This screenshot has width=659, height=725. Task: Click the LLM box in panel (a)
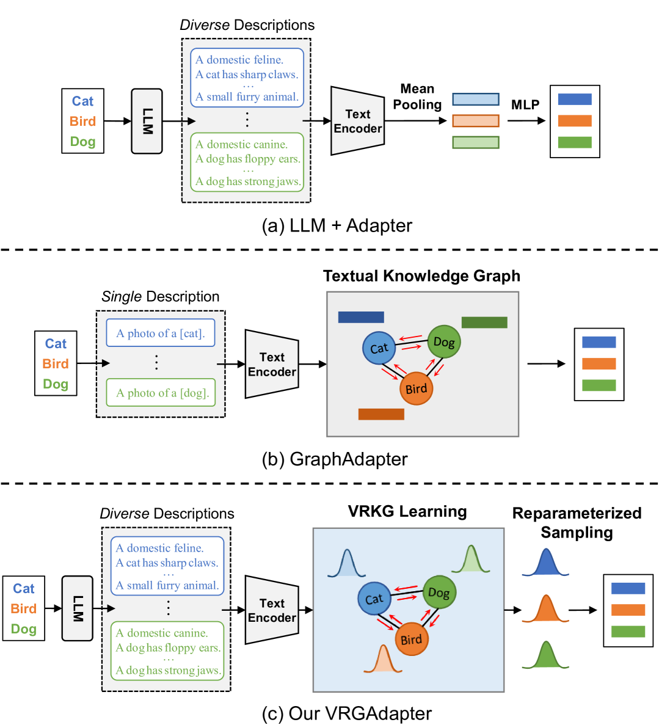coord(147,121)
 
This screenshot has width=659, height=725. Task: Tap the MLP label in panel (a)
coord(525,105)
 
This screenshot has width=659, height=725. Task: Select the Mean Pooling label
coord(417,97)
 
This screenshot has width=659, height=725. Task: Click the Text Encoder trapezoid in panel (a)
coord(357,121)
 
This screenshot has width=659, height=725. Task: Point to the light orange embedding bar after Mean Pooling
coord(475,121)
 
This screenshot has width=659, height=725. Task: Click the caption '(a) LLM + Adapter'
coord(337,225)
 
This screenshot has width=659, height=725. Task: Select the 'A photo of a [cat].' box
coord(161,333)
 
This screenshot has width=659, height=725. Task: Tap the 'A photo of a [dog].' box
coord(161,393)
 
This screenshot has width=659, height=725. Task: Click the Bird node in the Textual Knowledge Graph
coord(416,388)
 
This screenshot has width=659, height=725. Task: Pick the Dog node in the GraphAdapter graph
coord(444,341)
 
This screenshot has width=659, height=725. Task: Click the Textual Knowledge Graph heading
coord(421,276)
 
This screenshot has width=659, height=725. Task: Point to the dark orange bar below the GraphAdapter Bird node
coord(381,414)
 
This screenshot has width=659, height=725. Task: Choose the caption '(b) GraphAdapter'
coord(334,459)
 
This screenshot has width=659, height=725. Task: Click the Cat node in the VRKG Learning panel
coord(374,599)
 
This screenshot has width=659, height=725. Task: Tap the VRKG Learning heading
coord(407,512)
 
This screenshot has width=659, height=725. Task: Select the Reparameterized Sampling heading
coord(577,522)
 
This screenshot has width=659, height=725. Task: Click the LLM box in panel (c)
coord(78,608)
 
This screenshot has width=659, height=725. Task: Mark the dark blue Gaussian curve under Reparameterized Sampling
coord(545,563)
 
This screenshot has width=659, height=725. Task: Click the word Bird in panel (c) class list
coord(24,608)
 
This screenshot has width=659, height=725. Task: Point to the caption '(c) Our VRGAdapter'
coord(346,713)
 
